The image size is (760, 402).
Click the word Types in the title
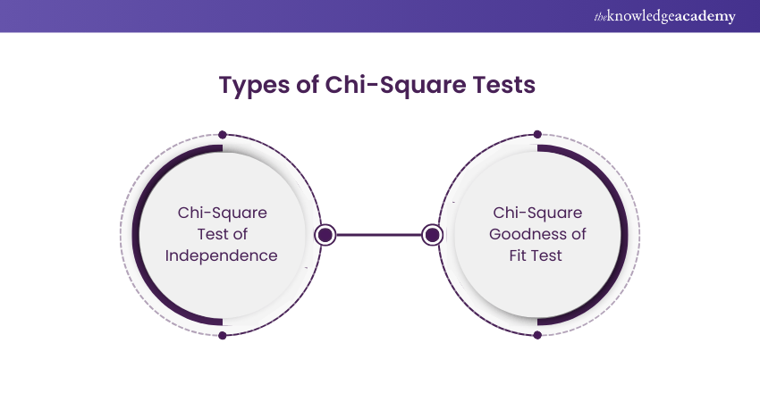click(250, 86)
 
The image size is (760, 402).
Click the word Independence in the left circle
click(222, 255)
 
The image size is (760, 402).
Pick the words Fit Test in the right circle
click(537, 255)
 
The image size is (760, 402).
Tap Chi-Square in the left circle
click(222, 213)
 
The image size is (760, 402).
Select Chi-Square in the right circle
click(537, 213)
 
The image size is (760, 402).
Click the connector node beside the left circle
click(325, 235)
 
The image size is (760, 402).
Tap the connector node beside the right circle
click(433, 235)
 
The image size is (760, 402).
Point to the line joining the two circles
click(379, 235)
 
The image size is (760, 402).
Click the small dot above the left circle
click(222, 135)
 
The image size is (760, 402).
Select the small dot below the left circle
click(222, 335)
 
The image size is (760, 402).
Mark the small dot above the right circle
click(537, 135)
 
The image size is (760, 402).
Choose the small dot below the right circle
click(537, 335)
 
